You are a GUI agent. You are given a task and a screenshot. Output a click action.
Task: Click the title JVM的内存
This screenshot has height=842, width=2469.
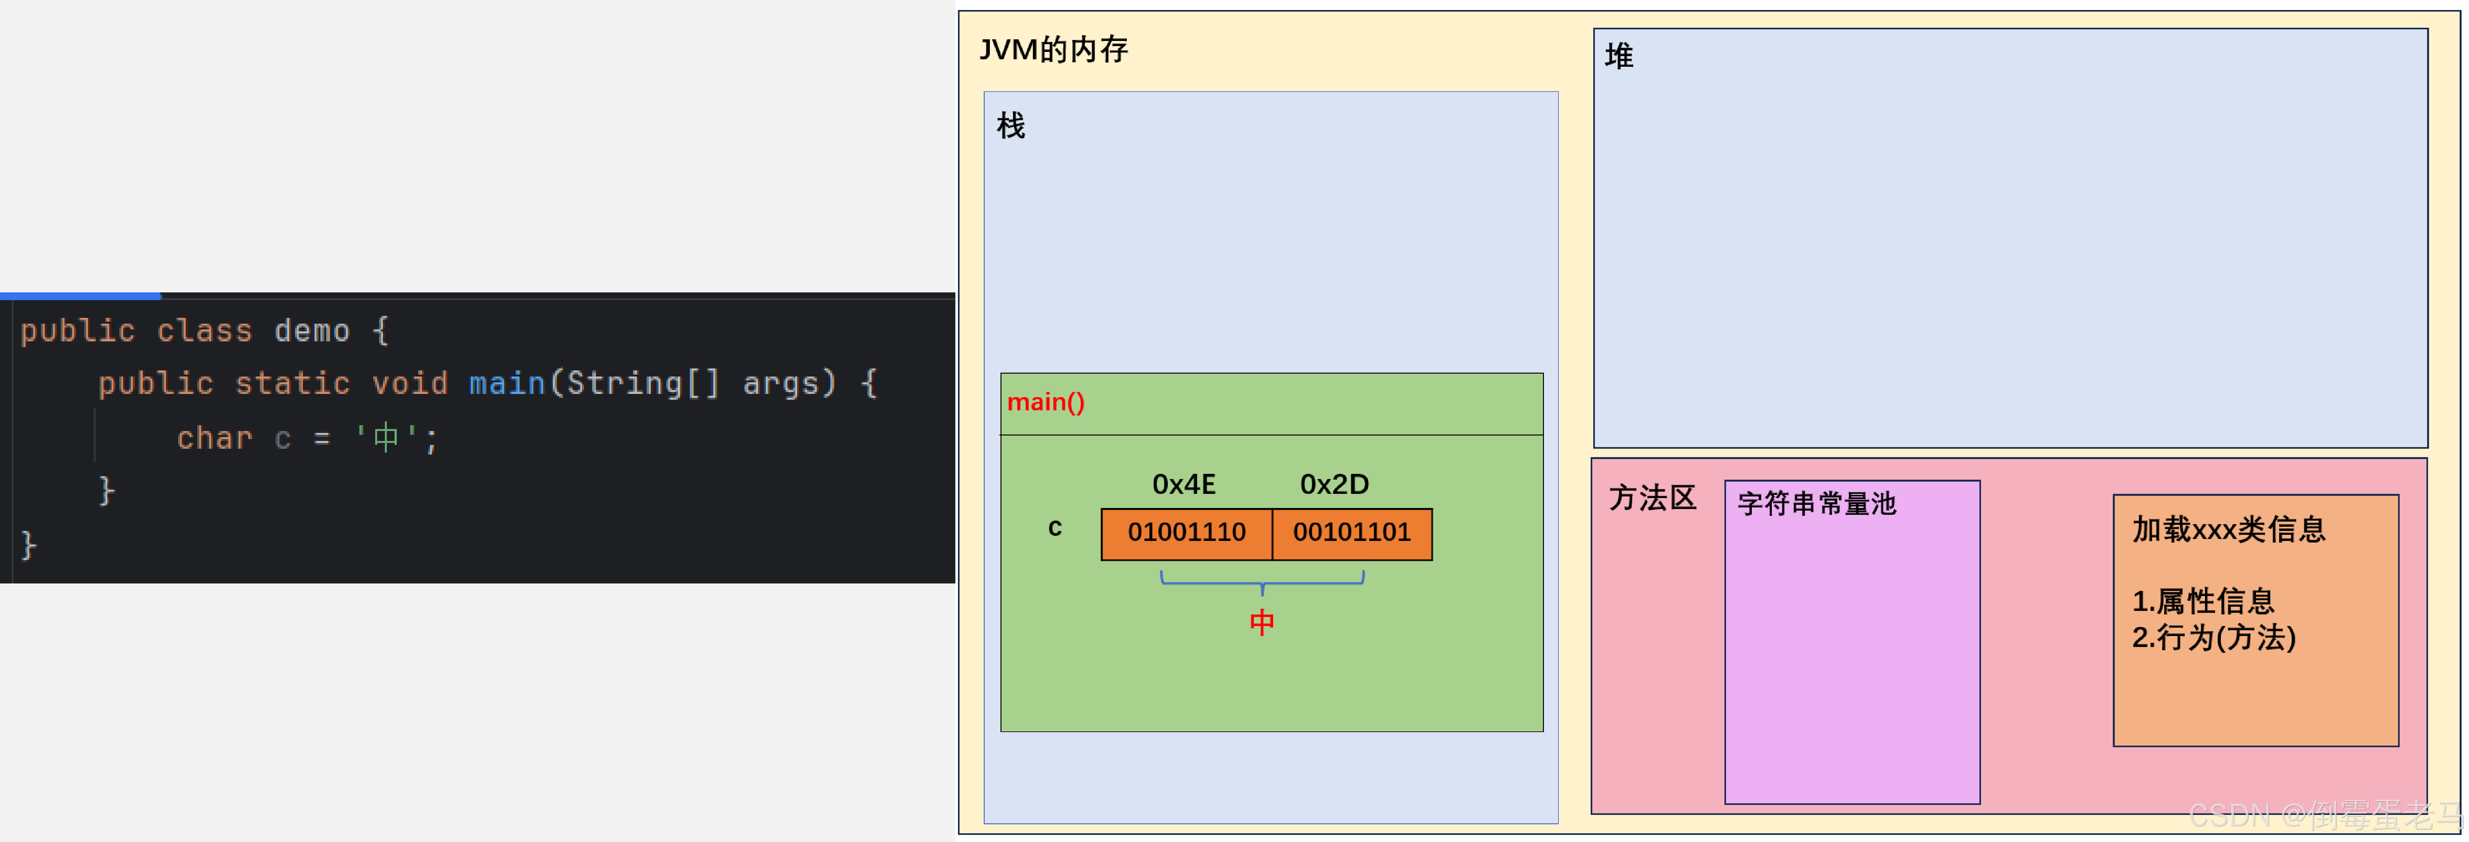click(x=1053, y=49)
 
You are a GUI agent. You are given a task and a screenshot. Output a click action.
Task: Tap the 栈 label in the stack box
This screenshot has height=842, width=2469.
click(x=1010, y=126)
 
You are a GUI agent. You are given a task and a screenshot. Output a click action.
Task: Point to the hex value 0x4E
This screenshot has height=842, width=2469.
click(x=1184, y=484)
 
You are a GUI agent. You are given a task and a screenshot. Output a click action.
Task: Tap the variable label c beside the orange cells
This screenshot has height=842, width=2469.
click(x=1054, y=527)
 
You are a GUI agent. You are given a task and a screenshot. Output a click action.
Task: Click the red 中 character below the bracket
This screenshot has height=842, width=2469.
click(x=1261, y=622)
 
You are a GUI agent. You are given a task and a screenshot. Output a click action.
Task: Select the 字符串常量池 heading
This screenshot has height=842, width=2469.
click(x=1816, y=504)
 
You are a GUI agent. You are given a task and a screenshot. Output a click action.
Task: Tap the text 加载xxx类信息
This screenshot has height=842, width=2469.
click(x=2229, y=529)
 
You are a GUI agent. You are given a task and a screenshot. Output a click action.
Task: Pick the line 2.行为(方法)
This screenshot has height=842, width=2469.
click(x=2213, y=638)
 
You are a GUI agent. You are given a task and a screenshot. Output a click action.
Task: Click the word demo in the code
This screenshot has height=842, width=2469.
click(x=311, y=331)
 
